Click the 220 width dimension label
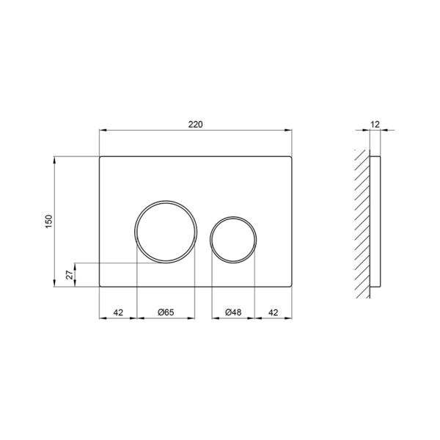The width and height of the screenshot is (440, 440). pos(195,125)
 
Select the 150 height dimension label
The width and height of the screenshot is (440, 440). pos(49,221)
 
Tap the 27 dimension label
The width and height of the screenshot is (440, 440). pos(70,275)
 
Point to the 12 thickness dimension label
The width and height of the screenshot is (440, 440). pos(375,124)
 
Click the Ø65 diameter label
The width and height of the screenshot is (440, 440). pos(166,312)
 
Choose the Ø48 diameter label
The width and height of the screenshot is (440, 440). pos(233,312)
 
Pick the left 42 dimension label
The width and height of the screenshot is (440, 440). pos(118,312)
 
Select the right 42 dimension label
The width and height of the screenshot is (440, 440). pos(274,312)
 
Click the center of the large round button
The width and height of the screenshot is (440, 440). pos(166,232)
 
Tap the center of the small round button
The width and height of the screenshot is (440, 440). pos(233,240)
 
